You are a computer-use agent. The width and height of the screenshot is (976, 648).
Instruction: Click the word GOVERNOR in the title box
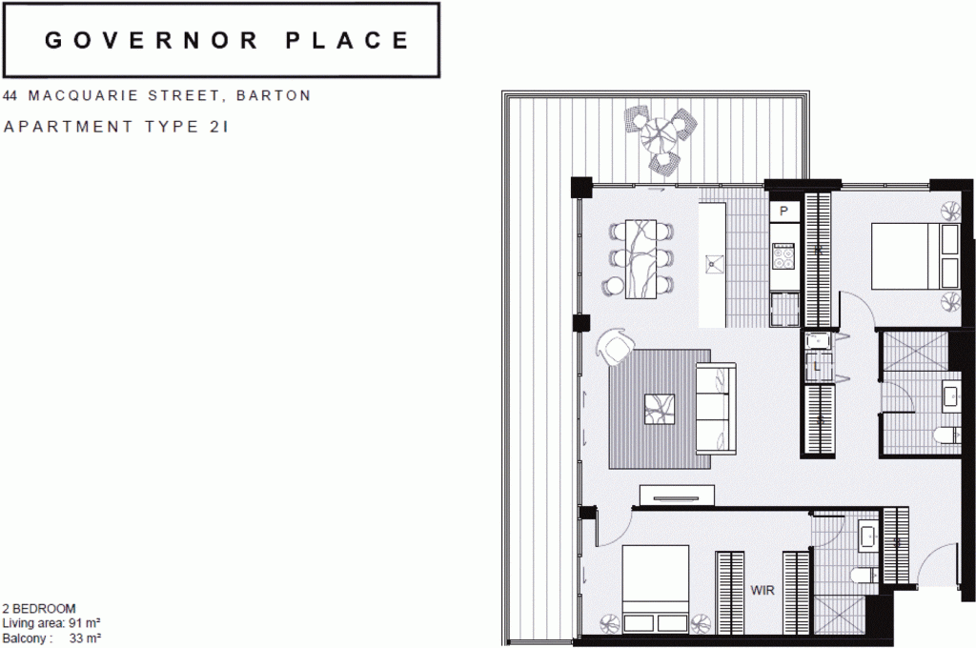(151, 40)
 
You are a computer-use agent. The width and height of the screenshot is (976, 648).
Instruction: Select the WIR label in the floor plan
(762, 590)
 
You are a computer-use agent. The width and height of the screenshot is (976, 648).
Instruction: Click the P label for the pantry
(783, 211)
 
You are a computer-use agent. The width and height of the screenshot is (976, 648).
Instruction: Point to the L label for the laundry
(817, 367)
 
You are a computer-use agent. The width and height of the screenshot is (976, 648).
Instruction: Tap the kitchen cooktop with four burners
(783, 255)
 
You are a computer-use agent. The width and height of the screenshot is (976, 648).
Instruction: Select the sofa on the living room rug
(716, 409)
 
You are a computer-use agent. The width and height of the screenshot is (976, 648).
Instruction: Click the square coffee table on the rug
(660, 409)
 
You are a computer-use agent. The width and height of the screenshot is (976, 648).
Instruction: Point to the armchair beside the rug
(615, 347)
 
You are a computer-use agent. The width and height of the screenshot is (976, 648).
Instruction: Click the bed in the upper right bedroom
(915, 256)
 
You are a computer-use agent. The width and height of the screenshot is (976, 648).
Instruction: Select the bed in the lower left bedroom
(656, 588)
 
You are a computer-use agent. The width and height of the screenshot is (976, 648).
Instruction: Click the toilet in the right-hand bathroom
(946, 435)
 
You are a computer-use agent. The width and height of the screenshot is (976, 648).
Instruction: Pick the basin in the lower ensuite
(867, 536)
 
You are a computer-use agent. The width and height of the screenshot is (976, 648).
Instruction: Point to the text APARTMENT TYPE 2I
(116, 127)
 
